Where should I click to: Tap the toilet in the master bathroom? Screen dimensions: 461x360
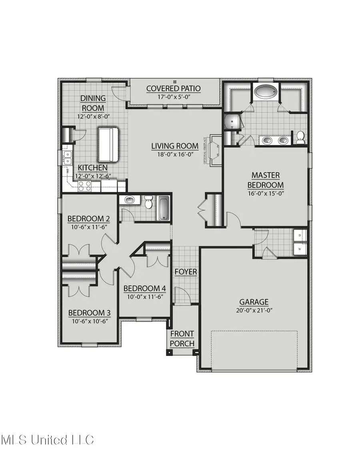pyautogui.click(x=300, y=137)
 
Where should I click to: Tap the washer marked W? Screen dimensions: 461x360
pyautogui.click(x=300, y=249)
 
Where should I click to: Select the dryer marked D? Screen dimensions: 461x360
pyautogui.click(x=300, y=236)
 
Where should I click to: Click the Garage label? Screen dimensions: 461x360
pyautogui.click(x=254, y=302)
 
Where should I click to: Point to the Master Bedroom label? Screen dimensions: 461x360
pyautogui.click(x=265, y=180)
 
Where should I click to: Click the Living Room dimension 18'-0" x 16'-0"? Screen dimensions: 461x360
pyautogui.click(x=175, y=154)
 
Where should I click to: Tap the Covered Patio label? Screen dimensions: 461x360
pyautogui.click(x=173, y=88)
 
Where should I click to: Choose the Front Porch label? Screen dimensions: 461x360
pyautogui.click(x=182, y=339)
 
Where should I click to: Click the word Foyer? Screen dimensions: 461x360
pyautogui.click(x=186, y=272)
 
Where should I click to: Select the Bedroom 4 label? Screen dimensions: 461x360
pyautogui.click(x=144, y=289)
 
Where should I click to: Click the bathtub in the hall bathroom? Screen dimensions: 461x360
pyautogui.click(x=164, y=208)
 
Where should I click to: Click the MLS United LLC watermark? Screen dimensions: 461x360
pyautogui.click(x=47, y=440)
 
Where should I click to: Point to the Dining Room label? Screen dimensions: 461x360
pyautogui.click(x=93, y=103)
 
